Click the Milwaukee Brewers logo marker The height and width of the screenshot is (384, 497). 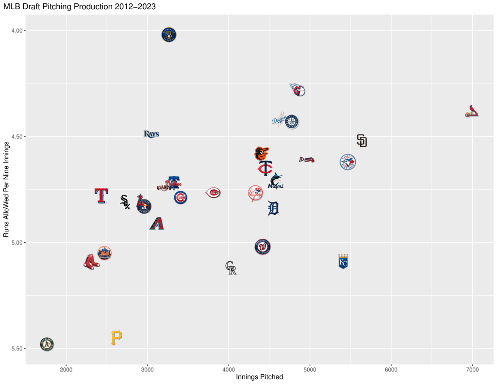(x=169, y=34)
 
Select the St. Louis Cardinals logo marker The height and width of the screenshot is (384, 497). (x=471, y=112)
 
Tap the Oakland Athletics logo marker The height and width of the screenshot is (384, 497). (x=47, y=344)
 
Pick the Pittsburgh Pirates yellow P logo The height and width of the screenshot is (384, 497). (x=116, y=337)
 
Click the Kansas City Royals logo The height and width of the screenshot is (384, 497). (x=343, y=261)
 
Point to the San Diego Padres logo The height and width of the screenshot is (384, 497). (x=362, y=141)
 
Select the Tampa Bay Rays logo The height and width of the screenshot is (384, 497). (x=151, y=134)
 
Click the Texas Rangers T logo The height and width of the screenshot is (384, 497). (x=100, y=195)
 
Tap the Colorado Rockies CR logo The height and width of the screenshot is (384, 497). (x=231, y=267)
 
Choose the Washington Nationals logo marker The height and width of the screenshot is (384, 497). (x=263, y=247)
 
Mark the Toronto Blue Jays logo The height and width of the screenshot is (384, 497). (x=348, y=162)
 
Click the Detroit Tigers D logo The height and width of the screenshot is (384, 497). (x=273, y=208)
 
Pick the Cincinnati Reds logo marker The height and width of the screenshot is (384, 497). (x=214, y=193)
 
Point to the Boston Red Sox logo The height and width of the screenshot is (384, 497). (x=91, y=262)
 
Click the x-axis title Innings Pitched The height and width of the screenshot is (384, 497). (x=259, y=377)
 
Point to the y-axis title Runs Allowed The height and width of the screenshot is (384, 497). (x=6, y=189)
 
